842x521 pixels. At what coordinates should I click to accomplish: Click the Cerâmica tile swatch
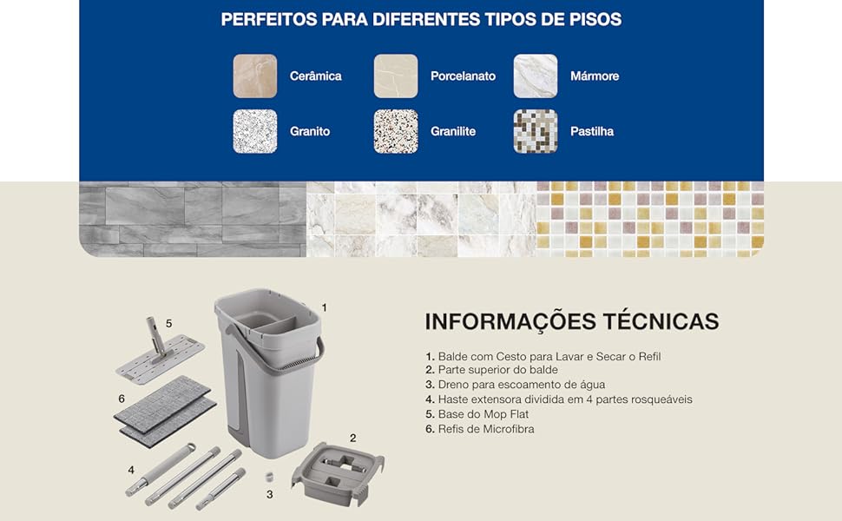[x=254, y=76]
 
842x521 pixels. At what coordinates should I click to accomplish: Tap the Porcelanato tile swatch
[x=396, y=76]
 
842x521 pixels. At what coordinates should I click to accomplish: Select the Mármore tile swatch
[x=536, y=76]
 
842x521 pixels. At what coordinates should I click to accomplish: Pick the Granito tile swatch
[x=254, y=131]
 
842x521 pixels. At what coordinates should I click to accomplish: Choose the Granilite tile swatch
[x=396, y=131]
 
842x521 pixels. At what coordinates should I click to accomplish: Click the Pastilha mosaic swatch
[x=536, y=131]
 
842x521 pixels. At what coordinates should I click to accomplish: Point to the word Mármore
[x=595, y=76]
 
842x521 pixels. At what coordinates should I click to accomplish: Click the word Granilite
[x=453, y=132]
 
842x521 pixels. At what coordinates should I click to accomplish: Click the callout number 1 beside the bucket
[x=324, y=307]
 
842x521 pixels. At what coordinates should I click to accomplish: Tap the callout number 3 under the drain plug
[x=270, y=494]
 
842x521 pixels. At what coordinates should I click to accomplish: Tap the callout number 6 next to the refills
[x=122, y=398]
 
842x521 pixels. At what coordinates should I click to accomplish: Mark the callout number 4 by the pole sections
[x=131, y=470]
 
